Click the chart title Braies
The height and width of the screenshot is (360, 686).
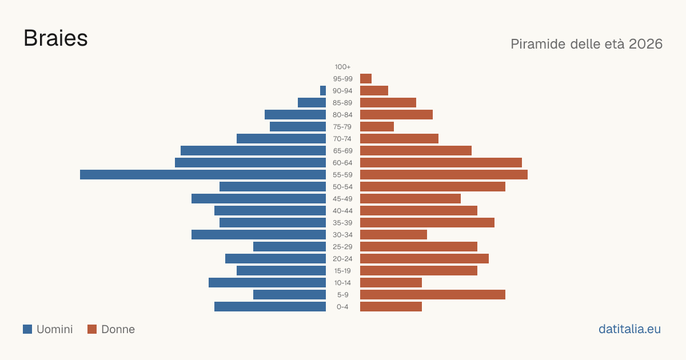(x=56, y=38)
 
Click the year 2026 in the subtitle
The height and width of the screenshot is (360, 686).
(x=645, y=44)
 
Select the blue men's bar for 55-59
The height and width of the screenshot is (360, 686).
(x=203, y=174)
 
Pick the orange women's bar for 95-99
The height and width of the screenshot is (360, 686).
(x=366, y=79)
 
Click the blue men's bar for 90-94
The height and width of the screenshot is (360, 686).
(x=323, y=91)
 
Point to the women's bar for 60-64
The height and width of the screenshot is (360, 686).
(x=441, y=162)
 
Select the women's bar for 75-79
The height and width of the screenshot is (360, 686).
(x=377, y=127)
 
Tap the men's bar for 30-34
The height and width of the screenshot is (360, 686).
(x=258, y=234)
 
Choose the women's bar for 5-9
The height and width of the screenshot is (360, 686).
(x=433, y=294)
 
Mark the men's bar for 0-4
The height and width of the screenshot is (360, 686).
(x=270, y=306)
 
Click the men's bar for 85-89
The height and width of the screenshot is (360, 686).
(x=312, y=102)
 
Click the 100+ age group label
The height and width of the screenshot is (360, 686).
(x=342, y=67)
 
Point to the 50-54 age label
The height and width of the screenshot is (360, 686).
(x=342, y=187)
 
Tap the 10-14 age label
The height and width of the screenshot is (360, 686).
(x=342, y=282)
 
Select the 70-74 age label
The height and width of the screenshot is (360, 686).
(x=342, y=139)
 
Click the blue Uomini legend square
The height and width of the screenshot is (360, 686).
(x=27, y=329)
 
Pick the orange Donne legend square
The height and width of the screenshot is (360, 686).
(x=92, y=329)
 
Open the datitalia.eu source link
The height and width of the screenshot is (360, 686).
(x=629, y=329)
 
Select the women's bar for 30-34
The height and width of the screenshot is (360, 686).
(x=393, y=234)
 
